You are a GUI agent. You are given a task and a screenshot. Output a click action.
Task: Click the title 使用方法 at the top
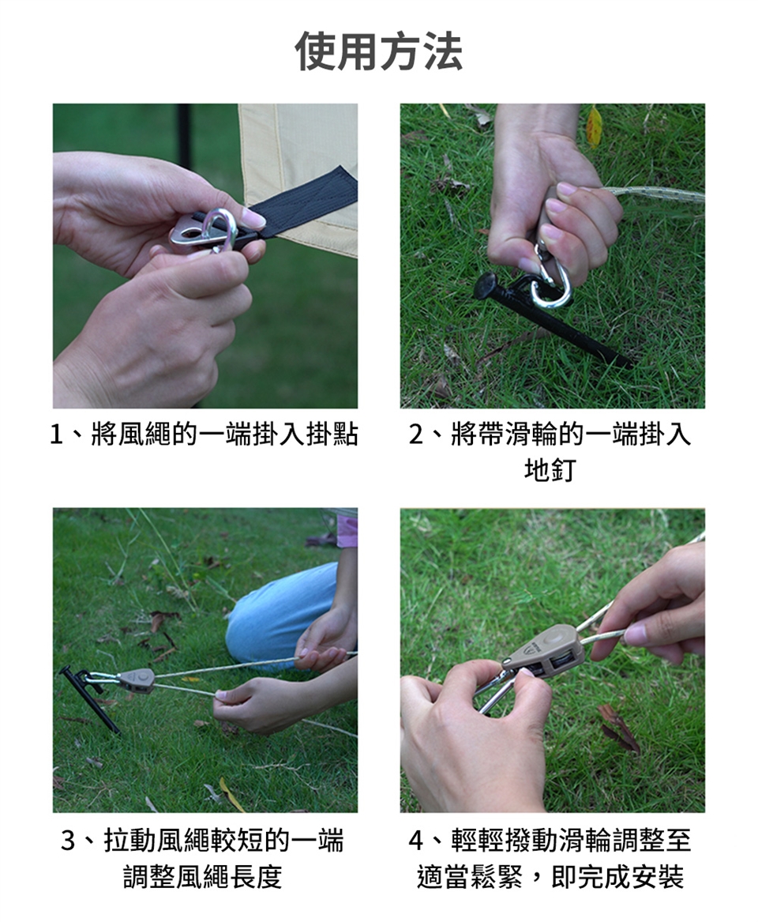tap(379, 51)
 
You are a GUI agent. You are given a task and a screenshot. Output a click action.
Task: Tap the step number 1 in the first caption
tap(56, 435)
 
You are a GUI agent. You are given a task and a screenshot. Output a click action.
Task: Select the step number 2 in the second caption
tap(416, 435)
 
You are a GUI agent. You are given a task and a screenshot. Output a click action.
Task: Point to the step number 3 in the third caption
tap(69, 841)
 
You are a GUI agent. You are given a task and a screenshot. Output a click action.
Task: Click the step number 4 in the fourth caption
tap(416, 841)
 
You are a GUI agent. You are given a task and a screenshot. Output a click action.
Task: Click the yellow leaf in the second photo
tap(594, 126)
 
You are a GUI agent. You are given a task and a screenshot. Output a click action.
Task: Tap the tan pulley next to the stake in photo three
tap(136, 679)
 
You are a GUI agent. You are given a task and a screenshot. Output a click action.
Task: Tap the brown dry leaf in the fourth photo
tap(618, 729)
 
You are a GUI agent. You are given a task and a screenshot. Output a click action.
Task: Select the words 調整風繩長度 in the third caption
tap(203, 876)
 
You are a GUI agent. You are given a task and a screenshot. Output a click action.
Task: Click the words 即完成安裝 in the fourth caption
tap(617, 876)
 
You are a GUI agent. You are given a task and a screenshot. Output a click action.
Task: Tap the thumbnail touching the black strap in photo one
tap(253, 220)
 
